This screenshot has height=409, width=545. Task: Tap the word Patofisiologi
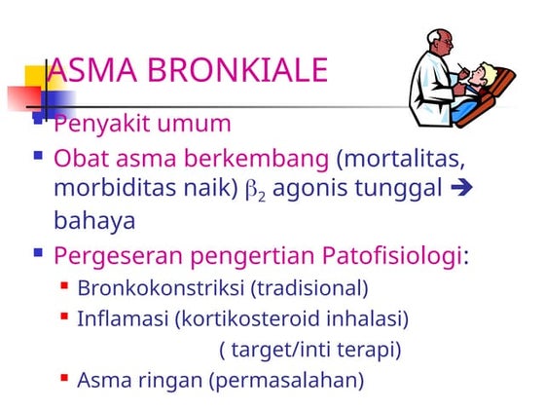[386, 256]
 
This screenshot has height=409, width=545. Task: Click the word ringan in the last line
[159, 379]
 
